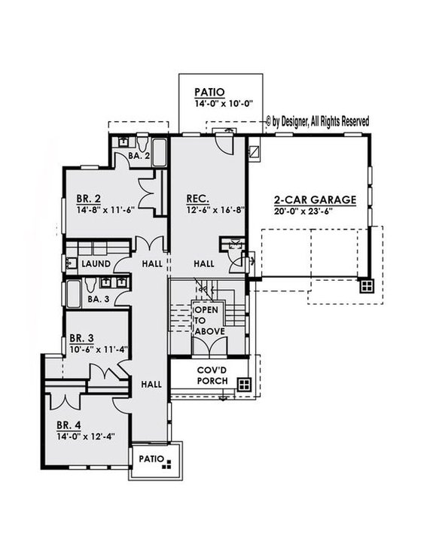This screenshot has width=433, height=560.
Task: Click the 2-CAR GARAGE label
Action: [x=314, y=199]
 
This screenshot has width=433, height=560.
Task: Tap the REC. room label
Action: [x=198, y=199]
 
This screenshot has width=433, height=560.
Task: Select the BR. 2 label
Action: [x=88, y=199]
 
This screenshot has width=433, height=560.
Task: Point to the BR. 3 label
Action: [x=81, y=338]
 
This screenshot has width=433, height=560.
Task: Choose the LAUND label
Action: [x=96, y=264]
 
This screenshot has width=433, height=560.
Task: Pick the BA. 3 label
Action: [x=99, y=299]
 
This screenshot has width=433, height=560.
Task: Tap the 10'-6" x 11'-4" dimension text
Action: [x=98, y=349]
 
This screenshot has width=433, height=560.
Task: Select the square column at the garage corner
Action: [x=365, y=285]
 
